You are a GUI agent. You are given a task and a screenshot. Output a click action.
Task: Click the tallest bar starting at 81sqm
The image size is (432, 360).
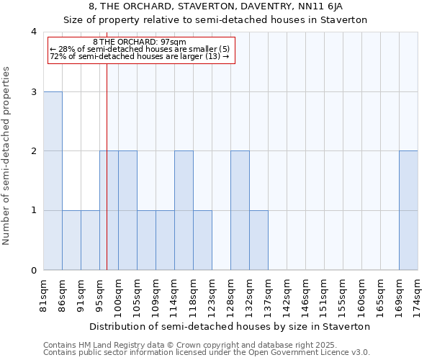(x=53, y=181)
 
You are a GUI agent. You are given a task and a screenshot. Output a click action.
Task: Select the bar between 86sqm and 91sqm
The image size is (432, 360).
(x=71, y=240)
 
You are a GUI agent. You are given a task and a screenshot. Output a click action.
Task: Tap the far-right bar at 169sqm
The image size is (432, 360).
(x=408, y=210)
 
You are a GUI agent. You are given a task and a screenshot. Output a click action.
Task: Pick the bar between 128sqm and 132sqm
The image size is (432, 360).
(x=240, y=210)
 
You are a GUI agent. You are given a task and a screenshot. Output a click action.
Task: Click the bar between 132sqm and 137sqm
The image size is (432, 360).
(x=258, y=240)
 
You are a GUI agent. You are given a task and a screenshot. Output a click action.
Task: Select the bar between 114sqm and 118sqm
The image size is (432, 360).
(x=184, y=210)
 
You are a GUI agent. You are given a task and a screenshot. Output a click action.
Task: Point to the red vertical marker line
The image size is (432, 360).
(x=107, y=180)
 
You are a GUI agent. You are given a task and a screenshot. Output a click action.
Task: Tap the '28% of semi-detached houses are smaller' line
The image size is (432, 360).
(x=140, y=49)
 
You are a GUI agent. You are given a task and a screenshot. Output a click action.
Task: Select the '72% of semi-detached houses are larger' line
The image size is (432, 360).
(x=140, y=56)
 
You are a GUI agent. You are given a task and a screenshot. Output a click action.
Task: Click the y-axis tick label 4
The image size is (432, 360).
(x=34, y=32)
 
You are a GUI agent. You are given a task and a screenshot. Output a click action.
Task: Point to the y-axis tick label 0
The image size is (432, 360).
(x=34, y=270)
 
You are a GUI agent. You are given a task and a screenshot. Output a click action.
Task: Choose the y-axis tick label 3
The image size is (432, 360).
(x=34, y=91)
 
